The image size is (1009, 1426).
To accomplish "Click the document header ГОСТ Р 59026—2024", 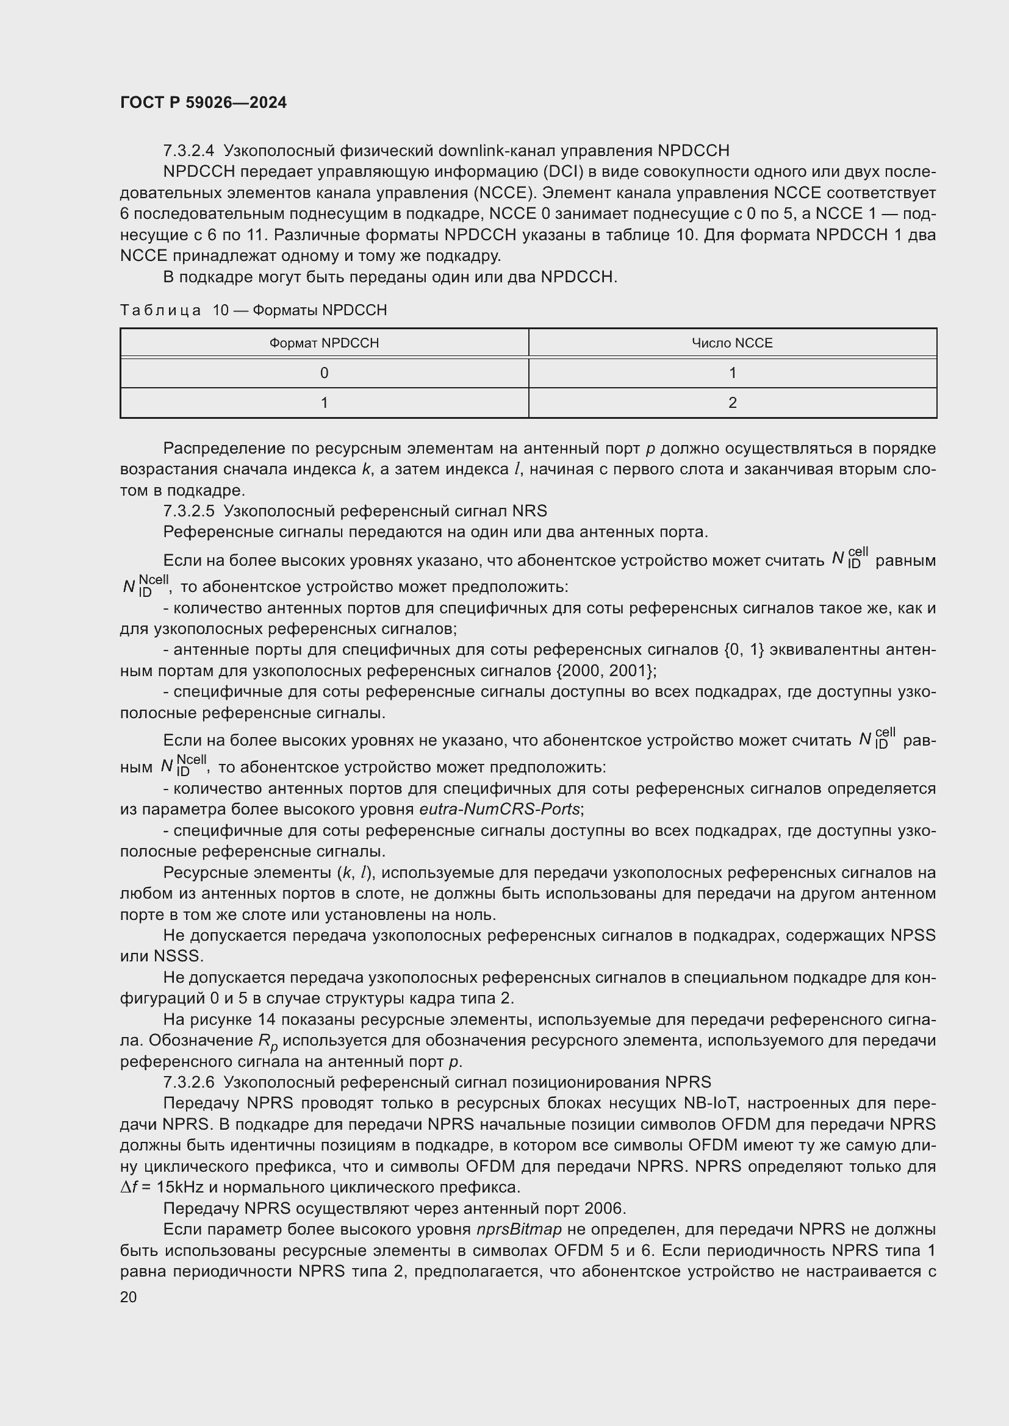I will click(203, 102).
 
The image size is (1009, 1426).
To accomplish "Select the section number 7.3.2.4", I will click(189, 151).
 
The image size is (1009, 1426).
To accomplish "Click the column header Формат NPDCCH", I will click(324, 343).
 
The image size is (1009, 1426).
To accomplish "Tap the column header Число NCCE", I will click(732, 343).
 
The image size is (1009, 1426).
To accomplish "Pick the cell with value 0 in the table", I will click(324, 373).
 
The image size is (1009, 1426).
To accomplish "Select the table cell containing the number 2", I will click(732, 402).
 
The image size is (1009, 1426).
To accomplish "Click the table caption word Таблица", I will click(160, 310).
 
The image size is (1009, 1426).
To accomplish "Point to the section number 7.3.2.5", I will click(189, 511).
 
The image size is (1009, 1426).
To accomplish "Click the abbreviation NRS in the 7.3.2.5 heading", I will click(530, 511).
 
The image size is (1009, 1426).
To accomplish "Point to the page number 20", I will click(128, 1297).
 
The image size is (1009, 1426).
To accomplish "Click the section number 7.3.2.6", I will click(189, 1082).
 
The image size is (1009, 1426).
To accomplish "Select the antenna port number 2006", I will click(604, 1208).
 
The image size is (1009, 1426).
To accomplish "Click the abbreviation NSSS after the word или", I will click(179, 956).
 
